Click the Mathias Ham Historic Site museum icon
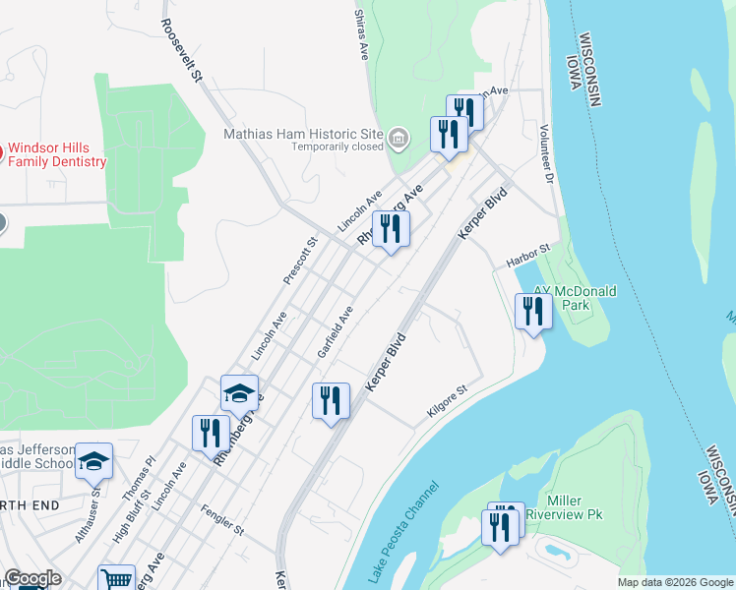[399, 140]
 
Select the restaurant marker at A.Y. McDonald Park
[532, 312]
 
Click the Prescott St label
[300, 261]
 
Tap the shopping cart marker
[117, 579]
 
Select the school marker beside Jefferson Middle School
[93, 460]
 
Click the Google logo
[31, 578]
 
